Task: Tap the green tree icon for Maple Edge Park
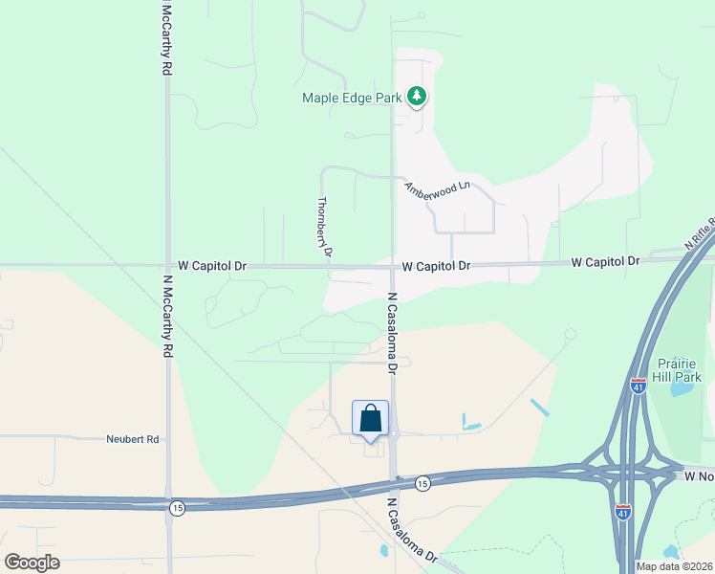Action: [416, 96]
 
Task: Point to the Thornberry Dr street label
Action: [322, 228]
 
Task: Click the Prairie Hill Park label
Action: [681, 369]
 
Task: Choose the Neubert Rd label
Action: [132, 439]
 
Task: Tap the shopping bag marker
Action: [371, 419]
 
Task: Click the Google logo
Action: [32, 563]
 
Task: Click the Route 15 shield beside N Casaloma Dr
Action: [422, 484]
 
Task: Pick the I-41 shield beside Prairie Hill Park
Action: [638, 385]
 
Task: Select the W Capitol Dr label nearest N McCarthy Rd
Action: [212, 266]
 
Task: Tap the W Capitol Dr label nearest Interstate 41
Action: [606, 261]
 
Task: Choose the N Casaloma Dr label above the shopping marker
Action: [391, 332]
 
